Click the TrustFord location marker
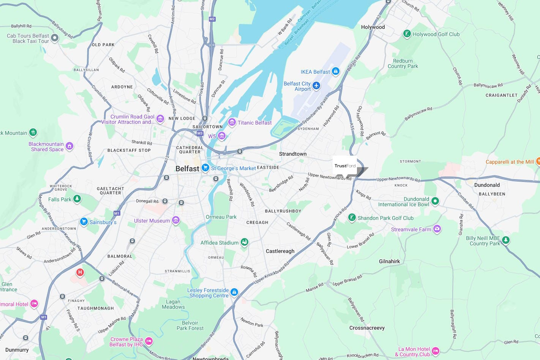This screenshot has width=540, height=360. click(x=345, y=166)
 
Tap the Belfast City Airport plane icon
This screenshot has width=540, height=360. click(x=316, y=86)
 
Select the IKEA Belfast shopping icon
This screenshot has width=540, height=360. click(x=335, y=71)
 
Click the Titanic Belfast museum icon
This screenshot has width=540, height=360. click(x=232, y=122)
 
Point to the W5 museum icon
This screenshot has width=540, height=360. click(x=222, y=136)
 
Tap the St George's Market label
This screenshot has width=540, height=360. click(x=233, y=168)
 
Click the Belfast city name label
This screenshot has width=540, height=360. click(x=187, y=169)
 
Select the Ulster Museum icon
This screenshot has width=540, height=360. click(x=175, y=220)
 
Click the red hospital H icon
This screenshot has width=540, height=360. click(x=80, y=272)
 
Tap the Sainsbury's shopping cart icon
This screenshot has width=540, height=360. click(x=84, y=222)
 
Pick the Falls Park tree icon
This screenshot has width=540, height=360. click(x=77, y=199)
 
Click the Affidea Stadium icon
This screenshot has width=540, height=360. click(x=245, y=242)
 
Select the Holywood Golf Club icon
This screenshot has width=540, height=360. click(x=407, y=34)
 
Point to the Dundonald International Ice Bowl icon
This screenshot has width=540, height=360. click(x=435, y=201)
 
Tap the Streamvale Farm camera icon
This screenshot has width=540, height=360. click(x=437, y=229)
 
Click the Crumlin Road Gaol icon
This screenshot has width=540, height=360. click(x=160, y=119)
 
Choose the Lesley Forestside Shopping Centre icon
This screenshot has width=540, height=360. click(x=234, y=292)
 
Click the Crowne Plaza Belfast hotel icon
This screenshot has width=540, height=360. click(x=149, y=341)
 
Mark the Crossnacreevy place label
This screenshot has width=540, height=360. click(x=367, y=328)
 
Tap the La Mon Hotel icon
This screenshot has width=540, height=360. click(x=436, y=351)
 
